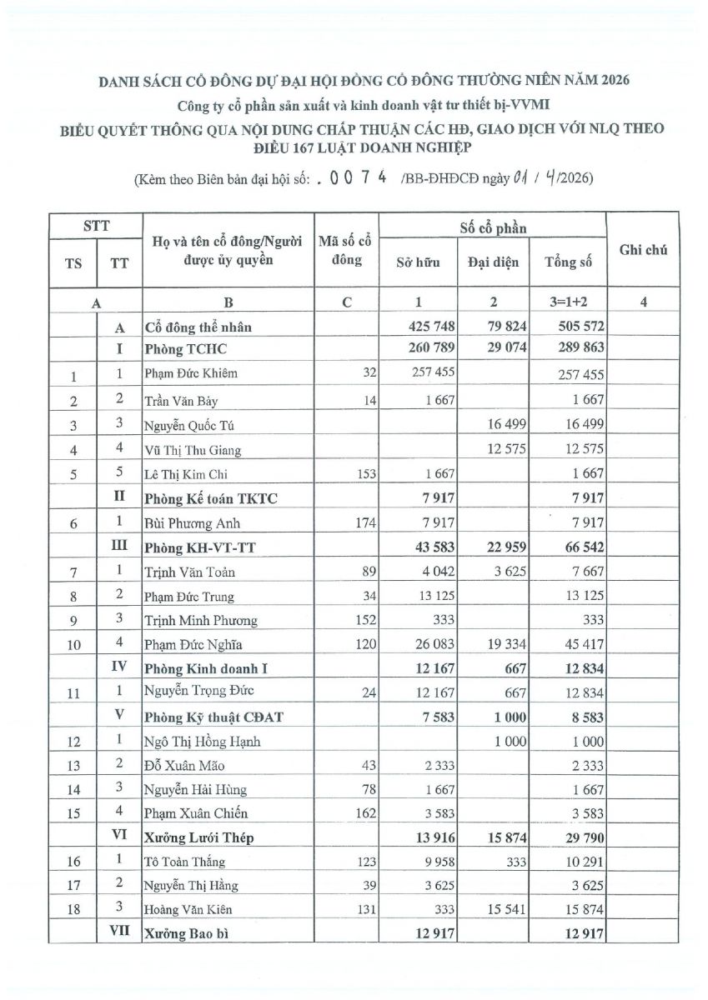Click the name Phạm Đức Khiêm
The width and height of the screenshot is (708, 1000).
[x=191, y=373]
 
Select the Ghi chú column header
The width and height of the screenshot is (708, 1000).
[x=643, y=249]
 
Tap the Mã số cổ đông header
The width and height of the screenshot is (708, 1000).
[x=344, y=251]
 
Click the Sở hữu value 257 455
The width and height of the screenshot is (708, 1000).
[x=433, y=373]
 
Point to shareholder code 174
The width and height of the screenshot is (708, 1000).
[x=367, y=523]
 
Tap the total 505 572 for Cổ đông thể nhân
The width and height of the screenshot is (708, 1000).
[x=575, y=327]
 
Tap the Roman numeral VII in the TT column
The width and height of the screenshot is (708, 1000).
[x=119, y=934]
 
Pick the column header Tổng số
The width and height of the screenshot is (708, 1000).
[x=569, y=262]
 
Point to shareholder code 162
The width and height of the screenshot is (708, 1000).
[x=367, y=813]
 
